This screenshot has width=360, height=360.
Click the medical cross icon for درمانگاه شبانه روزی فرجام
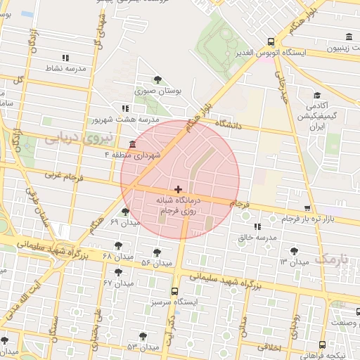(x=178, y=189)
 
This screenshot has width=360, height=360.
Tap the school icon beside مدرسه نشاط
(x=65, y=58)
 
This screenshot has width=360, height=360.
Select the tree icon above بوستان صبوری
(x=157, y=79)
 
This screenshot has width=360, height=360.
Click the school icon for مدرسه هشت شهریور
(x=125, y=108)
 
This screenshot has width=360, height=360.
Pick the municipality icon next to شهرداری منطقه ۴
(x=133, y=144)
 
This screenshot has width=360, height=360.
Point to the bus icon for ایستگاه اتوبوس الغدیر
(x=272, y=41)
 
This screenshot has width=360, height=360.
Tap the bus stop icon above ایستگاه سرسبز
(x=174, y=291)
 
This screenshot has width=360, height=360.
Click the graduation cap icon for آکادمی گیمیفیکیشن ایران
(x=317, y=95)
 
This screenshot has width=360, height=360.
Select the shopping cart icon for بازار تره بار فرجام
(x=307, y=208)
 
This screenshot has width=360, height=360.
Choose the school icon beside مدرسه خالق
(x=257, y=226)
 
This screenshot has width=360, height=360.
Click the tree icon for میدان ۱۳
(x=294, y=250)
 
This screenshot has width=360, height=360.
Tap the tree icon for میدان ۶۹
(x=125, y=211)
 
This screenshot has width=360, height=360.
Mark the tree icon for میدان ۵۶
(x=157, y=252)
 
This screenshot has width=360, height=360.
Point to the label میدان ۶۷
(x=118, y=282)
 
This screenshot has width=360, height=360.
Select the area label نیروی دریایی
(x=69, y=139)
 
